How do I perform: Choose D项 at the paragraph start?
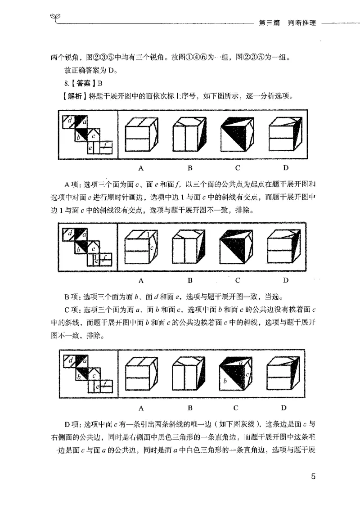click(x=72, y=423)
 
